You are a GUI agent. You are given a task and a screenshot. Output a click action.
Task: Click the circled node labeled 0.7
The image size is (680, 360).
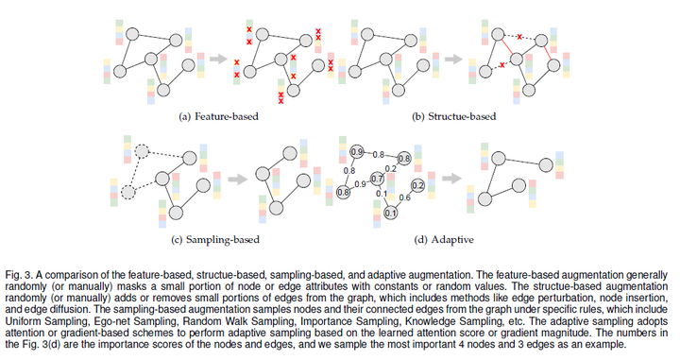click(x=377, y=179)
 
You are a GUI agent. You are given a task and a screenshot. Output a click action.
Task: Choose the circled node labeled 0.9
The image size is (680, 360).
click(x=356, y=152)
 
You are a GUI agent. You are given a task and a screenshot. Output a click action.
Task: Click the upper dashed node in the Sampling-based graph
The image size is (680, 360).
click(x=142, y=151)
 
